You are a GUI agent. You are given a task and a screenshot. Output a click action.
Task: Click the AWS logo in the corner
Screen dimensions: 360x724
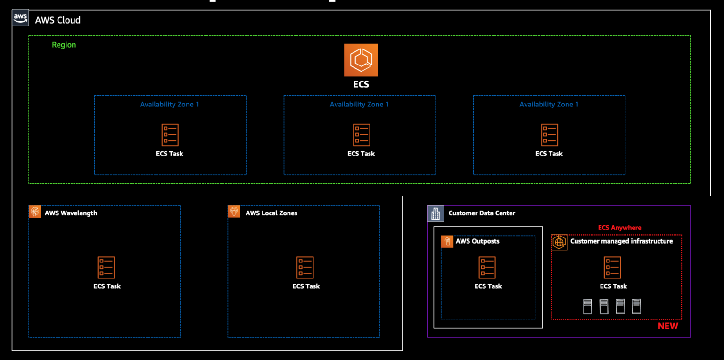click(x=20, y=18)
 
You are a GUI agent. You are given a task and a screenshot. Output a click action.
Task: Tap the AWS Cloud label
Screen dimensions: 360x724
click(x=58, y=20)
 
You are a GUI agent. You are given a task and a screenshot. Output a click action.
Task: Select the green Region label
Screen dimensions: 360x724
click(x=64, y=45)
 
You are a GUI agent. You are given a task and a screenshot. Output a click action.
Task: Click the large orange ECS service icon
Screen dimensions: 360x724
click(x=361, y=60)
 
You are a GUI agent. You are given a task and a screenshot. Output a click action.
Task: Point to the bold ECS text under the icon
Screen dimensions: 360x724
click(x=361, y=85)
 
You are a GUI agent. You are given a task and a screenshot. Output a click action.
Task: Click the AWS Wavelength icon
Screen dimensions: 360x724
click(x=35, y=212)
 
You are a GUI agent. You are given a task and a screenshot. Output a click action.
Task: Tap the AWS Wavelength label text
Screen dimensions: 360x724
click(x=71, y=213)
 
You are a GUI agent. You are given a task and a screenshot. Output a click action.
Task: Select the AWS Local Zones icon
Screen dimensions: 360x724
click(x=234, y=212)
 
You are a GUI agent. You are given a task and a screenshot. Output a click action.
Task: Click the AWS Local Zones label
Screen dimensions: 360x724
click(x=271, y=213)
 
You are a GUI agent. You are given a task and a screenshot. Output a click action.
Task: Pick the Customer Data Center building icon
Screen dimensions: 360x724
click(x=435, y=213)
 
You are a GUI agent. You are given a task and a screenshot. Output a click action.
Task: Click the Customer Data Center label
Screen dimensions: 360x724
click(x=482, y=213)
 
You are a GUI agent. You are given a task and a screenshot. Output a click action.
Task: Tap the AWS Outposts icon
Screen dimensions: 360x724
click(x=447, y=241)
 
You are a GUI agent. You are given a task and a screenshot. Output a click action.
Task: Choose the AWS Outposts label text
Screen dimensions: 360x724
click(x=477, y=241)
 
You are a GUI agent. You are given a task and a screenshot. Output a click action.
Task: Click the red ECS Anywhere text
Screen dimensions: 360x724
click(x=619, y=228)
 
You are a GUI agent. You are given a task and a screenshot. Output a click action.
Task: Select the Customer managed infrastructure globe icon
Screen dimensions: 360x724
click(x=559, y=242)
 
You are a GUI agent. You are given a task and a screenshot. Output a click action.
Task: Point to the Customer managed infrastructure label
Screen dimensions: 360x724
click(x=621, y=241)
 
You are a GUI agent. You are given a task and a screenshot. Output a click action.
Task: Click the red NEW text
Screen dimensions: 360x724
click(x=667, y=326)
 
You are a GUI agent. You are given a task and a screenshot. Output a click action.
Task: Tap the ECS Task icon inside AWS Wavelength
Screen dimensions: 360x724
click(x=106, y=268)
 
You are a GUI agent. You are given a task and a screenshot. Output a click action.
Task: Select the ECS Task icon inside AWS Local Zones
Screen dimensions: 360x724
click(x=305, y=268)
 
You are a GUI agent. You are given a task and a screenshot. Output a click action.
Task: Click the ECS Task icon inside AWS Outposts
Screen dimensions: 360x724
click(x=487, y=268)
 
